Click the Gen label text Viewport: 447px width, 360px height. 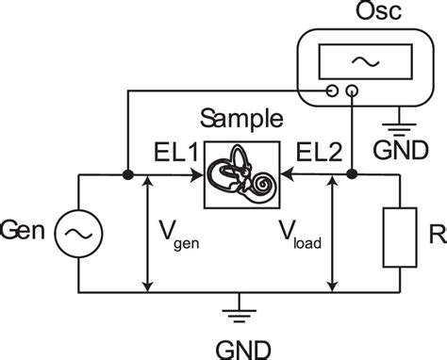pyautogui.click(x=22, y=231)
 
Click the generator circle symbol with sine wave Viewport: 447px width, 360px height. pyautogui.click(x=74, y=231)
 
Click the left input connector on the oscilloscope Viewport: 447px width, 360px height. pyautogui.click(x=332, y=91)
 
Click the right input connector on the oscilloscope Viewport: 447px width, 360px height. pyautogui.click(x=353, y=91)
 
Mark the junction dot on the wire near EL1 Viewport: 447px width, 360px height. pyautogui.click(x=126, y=174)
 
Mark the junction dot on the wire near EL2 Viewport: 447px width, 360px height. pyautogui.click(x=353, y=174)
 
